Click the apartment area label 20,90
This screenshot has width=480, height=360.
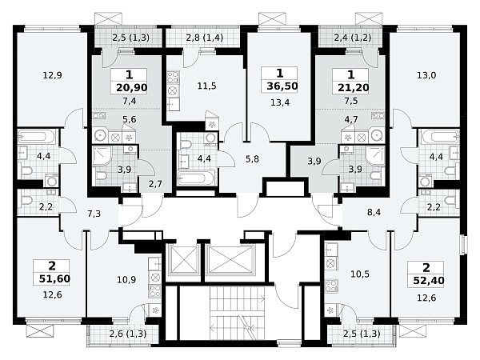click(x=132, y=88)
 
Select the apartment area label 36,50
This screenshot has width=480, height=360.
click(x=282, y=86)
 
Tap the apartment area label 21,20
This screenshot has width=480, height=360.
click(x=354, y=88)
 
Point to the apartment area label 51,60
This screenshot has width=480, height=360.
click(x=54, y=279)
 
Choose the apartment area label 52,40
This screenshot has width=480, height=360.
click(x=429, y=281)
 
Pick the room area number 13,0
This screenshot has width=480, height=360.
click(x=426, y=75)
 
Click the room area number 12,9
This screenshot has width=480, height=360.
click(x=52, y=75)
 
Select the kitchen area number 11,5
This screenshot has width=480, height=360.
click(x=207, y=86)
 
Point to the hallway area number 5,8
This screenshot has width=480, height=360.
click(x=252, y=159)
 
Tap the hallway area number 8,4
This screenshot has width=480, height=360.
click(x=374, y=212)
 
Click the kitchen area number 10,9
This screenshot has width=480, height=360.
click(x=126, y=279)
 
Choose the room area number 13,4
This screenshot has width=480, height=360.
click(x=280, y=102)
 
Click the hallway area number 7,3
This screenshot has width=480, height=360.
click(x=94, y=214)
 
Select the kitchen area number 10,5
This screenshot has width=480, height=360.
click(x=360, y=274)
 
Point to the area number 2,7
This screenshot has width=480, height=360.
click(x=155, y=184)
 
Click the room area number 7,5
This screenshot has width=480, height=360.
click(x=351, y=101)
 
